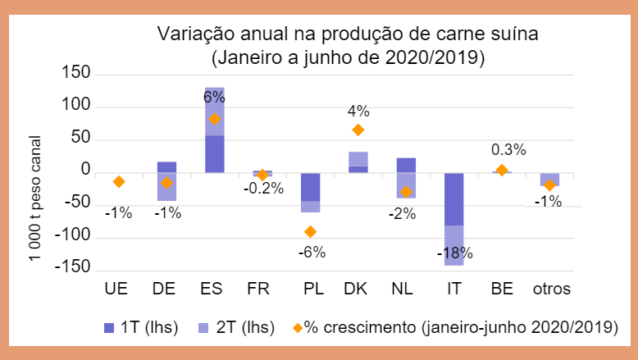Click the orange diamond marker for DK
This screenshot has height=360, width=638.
coord(358,130)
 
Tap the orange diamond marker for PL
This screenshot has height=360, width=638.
coord(310,231)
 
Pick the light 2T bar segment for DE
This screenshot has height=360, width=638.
coord(166,187)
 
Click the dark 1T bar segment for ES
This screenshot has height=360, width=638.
coord(214,153)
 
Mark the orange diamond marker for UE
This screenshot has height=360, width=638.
coord(118,181)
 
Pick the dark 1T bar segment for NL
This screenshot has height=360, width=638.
coord(405,165)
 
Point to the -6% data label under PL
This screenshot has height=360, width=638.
coord(310,252)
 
